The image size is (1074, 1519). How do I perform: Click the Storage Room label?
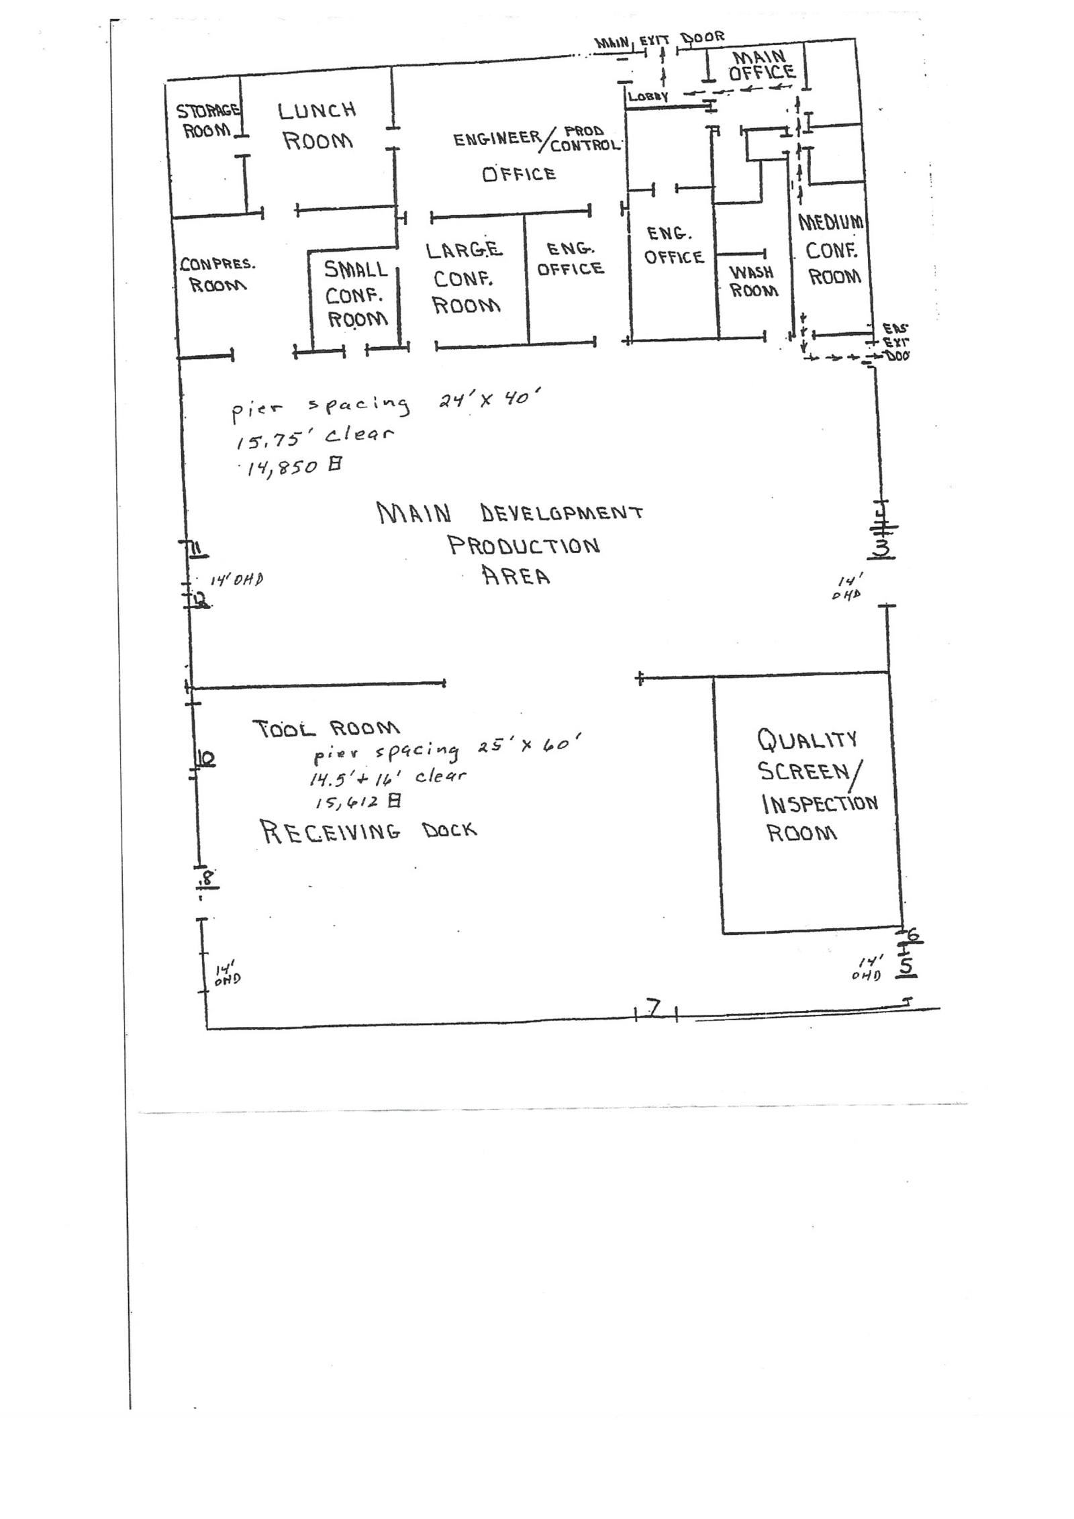pyautogui.click(x=207, y=119)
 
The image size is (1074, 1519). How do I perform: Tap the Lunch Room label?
pyautogui.click(x=317, y=126)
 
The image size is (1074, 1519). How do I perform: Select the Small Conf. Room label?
pyautogui.click(x=356, y=294)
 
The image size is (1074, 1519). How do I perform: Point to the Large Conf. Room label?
pyautogui.click(x=465, y=278)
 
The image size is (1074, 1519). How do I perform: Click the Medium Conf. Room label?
pyautogui.click(x=832, y=249)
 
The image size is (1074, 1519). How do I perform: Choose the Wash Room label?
pyautogui.click(x=753, y=281)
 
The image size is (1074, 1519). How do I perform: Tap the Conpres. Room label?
pyautogui.click(x=217, y=274)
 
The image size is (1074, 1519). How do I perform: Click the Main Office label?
pyautogui.click(x=761, y=65)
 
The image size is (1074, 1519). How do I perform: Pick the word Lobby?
pyautogui.click(x=648, y=96)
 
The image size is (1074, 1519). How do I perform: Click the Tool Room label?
pyautogui.click(x=326, y=728)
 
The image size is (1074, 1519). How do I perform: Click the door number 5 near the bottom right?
pyautogui.click(x=906, y=965)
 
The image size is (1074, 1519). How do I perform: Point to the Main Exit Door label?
pyautogui.click(x=659, y=40)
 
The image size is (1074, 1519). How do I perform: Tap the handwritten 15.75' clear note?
pyautogui.click(x=314, y=436)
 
